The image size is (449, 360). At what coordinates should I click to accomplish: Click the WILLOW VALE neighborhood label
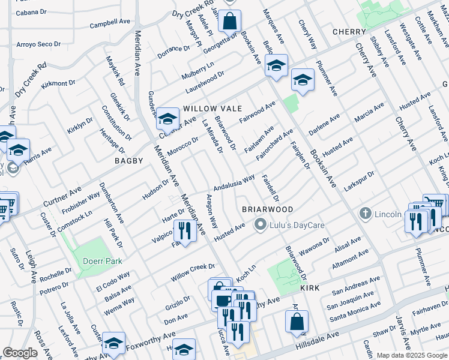click(x=212, y=109)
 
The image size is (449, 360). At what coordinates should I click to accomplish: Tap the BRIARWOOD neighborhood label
click(x=267, y=209)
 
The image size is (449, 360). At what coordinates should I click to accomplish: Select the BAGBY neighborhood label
click(x=129, y=161)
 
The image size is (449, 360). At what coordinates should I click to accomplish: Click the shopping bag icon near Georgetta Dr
click(x=229, y=22)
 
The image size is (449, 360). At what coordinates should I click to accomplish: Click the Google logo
click(x=20, y=353)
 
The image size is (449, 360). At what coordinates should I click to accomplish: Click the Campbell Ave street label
click(x=110, y=25)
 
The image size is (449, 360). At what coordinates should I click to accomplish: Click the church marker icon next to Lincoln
click(x=364, y=214)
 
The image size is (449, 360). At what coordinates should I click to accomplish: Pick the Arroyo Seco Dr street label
click(x=38, y=44)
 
